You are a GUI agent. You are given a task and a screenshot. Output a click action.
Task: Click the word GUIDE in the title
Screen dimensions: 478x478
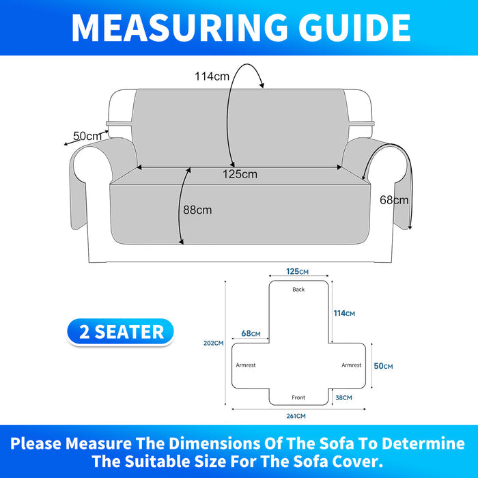[x=354, y=27]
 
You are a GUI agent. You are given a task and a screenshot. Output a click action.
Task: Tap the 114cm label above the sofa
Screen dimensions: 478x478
[x=212, y=76]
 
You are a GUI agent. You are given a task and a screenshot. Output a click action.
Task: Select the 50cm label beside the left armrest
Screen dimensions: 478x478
[x=87, y=136]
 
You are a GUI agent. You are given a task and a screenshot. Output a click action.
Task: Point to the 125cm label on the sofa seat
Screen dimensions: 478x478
[x=240, y=174]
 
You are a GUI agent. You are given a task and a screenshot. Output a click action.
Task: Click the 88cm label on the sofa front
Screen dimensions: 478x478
[x=197, y=210]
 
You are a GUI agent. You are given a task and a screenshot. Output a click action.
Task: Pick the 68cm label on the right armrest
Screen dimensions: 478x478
[x=394, y=200]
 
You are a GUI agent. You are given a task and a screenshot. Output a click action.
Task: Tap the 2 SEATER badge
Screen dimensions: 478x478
[x=121, y=332]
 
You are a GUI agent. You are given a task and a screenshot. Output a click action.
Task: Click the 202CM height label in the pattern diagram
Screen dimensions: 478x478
[x=213, y=343]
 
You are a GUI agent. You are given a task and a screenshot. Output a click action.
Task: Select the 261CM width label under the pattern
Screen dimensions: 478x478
[x=296, y=416]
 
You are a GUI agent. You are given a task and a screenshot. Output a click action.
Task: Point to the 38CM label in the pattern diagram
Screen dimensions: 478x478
[x=343, y=397]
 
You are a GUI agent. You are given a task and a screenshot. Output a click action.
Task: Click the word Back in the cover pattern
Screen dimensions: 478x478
[x=298, y=290]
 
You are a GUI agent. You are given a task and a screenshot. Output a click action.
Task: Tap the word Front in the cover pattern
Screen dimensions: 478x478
[x=298, y=397]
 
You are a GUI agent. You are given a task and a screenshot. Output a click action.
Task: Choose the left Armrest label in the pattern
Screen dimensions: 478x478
[x=246, y=365]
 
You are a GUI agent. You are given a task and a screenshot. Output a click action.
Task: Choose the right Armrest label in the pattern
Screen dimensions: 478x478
[x=352, y=365]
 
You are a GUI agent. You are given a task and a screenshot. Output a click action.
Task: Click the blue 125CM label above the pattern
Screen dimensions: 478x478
[x=297, y=271]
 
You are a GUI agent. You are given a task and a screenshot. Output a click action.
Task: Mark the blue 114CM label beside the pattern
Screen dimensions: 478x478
[x=344, y=313]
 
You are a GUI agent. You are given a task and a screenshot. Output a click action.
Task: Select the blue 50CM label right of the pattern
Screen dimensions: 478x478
[x=383, y=366]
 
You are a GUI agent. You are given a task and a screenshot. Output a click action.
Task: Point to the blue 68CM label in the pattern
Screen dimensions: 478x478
[x=251, y=333]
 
